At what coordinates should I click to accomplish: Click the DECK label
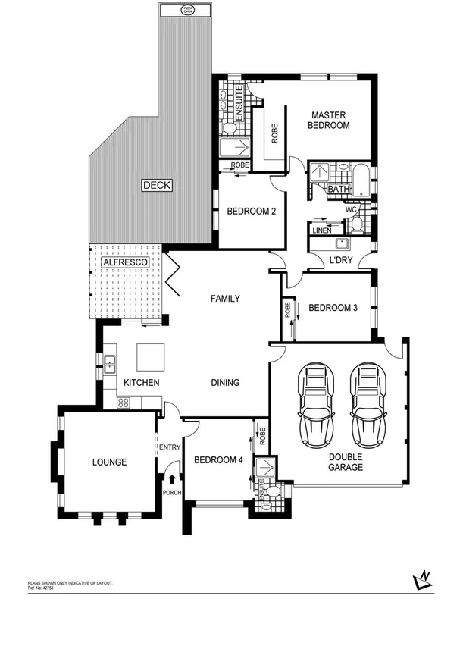pos(157,185)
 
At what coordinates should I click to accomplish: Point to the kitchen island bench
pos(150,355)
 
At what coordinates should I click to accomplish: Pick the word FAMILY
pos(225,299)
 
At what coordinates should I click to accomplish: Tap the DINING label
pos(225,383)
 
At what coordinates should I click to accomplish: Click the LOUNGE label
pos(109,462)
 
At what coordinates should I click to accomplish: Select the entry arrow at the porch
pos(173,478)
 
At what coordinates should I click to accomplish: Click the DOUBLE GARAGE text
pos(346,462)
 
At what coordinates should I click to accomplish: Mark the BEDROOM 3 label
pos(333,308)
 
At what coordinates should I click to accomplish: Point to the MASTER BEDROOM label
pos(328,120)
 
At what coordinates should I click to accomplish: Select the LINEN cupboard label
pos(321,230)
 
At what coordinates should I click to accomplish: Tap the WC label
pos(351,209)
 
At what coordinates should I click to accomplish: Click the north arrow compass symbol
pos(424,581)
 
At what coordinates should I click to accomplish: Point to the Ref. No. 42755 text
pos(42,587)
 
